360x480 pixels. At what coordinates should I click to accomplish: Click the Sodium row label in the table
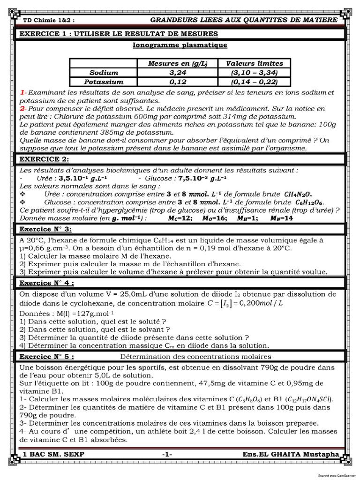(x=104, y=73)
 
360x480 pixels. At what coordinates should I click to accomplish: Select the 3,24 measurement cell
(x=178, y=73)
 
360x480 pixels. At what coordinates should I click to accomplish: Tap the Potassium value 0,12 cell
(x=178, y=82)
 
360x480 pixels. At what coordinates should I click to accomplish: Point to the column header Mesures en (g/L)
(x=178, y=63)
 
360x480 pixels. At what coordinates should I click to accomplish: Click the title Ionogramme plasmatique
(x=180, y=45)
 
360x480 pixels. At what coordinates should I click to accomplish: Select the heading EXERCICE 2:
(x=45, y=159)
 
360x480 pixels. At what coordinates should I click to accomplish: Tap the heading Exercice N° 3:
(x=45, y=229)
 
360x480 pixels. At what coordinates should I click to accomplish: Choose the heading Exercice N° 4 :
(x=46, y=283)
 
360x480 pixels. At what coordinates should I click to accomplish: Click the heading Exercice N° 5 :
(x=46, y=356)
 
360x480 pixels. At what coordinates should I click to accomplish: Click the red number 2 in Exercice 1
(x=23, y=108)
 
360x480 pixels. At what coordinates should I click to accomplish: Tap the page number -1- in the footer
(x=167, y=454)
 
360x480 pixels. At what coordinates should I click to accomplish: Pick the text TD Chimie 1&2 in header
(x=49, y=21)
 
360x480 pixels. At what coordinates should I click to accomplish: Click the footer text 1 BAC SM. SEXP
(x=51, y=454)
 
